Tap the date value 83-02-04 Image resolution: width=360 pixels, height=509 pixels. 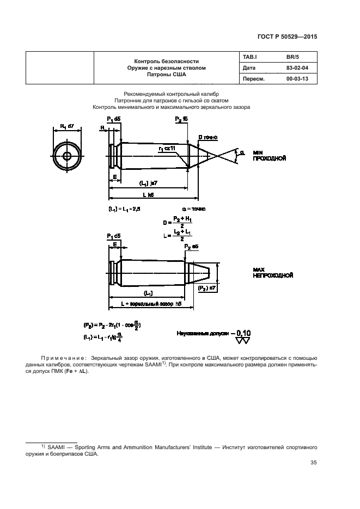coord(297,68)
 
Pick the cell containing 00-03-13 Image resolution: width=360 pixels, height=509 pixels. coord(297,79)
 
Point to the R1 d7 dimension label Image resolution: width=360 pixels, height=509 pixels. coord(68,127)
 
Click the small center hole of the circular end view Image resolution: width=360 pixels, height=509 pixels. coord(67,156)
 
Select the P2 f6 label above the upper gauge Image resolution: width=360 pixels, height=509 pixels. coord(182,119)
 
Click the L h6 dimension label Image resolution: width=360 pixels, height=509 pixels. coord(149,195)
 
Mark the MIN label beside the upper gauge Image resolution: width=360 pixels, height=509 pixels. coord(258,153)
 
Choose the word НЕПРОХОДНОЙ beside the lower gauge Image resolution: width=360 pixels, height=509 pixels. coord(273,275)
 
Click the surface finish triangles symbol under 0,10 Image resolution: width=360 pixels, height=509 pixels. coord(242,341)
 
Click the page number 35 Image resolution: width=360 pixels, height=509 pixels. coord(313,463)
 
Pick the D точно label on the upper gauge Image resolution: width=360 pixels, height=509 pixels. coord(208,137)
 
